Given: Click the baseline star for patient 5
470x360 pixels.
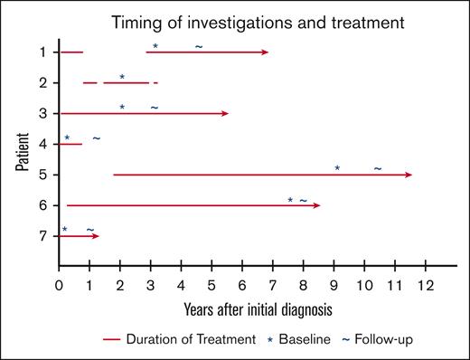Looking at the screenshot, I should (337, 168).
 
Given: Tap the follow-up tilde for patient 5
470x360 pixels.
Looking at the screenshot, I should (377, 168).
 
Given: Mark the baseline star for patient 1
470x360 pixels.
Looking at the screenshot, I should (155, 46).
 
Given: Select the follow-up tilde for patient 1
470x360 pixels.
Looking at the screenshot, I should (198, 45).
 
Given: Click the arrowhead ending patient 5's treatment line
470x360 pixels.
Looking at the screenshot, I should (409, 175).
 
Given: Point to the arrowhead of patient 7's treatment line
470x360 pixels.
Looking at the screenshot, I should (96, 236).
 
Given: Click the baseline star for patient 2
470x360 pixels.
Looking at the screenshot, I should (122, 77).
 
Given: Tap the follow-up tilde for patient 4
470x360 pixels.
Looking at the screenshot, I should (96, 137).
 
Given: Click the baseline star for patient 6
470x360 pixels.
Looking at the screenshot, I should (290, 200).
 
